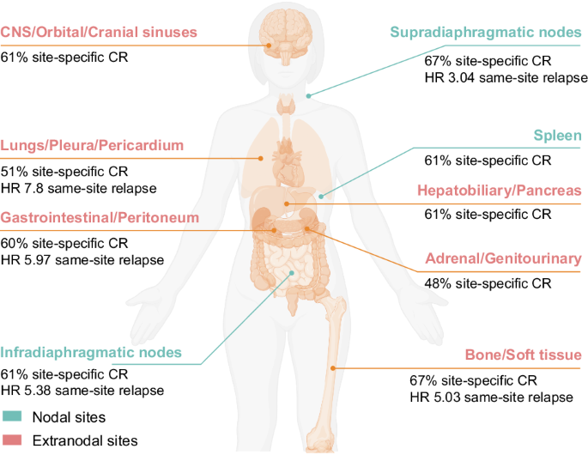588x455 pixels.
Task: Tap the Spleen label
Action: click(558, 136)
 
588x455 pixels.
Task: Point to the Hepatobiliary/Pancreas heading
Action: click(500, 190)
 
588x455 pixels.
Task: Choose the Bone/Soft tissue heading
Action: click(524, 355)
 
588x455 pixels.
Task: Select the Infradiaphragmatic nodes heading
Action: click(91, 352)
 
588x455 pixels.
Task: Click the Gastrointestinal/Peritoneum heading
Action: click(100, 218)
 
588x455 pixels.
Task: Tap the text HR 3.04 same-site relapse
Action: click(506, 77)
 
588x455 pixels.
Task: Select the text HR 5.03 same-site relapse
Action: click(491, 397)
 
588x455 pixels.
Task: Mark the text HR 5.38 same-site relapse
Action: click(82, 391)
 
